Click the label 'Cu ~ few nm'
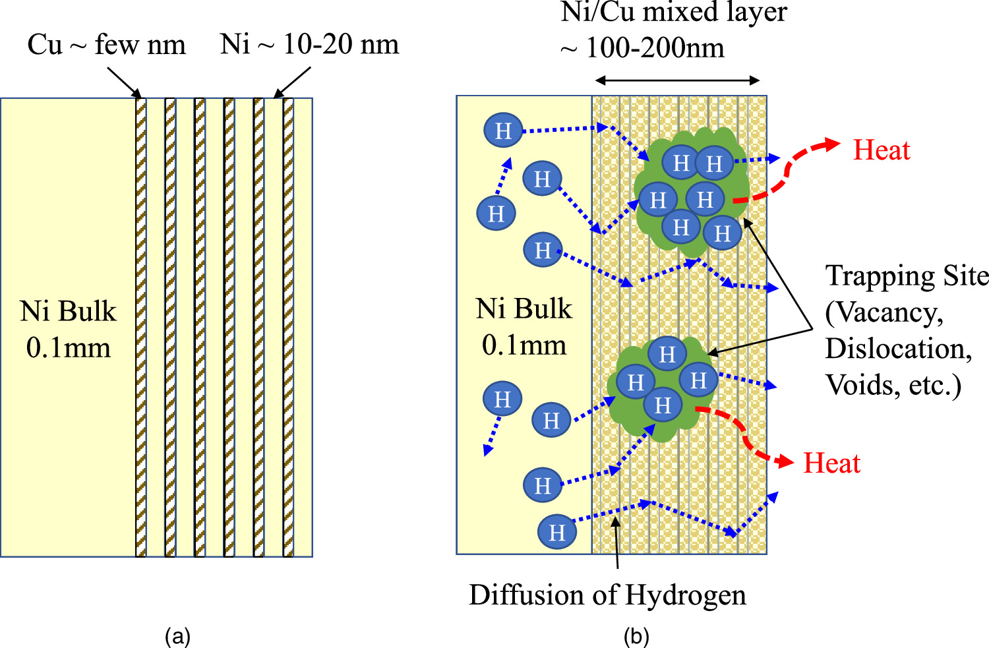click(x=106, y=45)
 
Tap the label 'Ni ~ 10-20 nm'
click(x=309, y=45)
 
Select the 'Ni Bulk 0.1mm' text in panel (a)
click(x=68, y=329)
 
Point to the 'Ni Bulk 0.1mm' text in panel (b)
click(x=524, y=326)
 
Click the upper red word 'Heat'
click(x=881, y=150)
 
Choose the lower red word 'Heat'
click(x=831, y=463)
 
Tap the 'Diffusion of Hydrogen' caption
click(x=607, y=595)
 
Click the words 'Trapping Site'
click(x=907, y=276)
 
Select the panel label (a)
click(x=177, y=636)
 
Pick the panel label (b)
click(x=636, y=636)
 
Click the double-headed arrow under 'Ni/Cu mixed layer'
click(x=677, y=80)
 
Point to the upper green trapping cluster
click(x=692, y=191)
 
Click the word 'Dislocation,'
click(x=898, y=349)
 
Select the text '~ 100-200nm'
click(x=642, y=47)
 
